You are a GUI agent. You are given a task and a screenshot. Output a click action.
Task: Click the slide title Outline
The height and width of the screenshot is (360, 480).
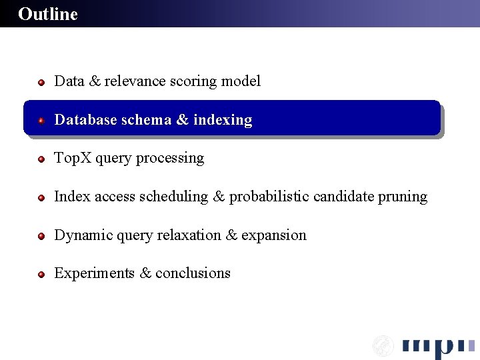(48, 14)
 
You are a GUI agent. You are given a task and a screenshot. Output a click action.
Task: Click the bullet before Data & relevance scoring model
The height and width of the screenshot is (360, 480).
(41, 83)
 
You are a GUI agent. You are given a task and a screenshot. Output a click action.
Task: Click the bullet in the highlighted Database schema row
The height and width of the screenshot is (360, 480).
(41, 121)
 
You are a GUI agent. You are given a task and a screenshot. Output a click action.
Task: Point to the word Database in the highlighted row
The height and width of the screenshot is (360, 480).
(83, 120)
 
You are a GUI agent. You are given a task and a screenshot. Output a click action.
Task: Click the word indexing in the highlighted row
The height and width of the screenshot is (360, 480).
(223, 120)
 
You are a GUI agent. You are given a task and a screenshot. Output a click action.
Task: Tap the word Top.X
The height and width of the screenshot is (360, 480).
(73, 158)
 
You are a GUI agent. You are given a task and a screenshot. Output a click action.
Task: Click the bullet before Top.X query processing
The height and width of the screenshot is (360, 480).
(41, 159)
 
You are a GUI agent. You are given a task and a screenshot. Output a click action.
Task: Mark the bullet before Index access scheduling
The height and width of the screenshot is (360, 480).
(41, 198)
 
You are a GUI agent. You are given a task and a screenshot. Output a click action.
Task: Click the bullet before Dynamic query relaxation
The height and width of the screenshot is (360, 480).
(41, 237)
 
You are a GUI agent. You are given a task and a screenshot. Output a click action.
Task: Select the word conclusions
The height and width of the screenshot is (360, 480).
(193, 273)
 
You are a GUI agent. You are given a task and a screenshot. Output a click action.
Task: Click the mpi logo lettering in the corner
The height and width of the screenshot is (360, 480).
(437, 347)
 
